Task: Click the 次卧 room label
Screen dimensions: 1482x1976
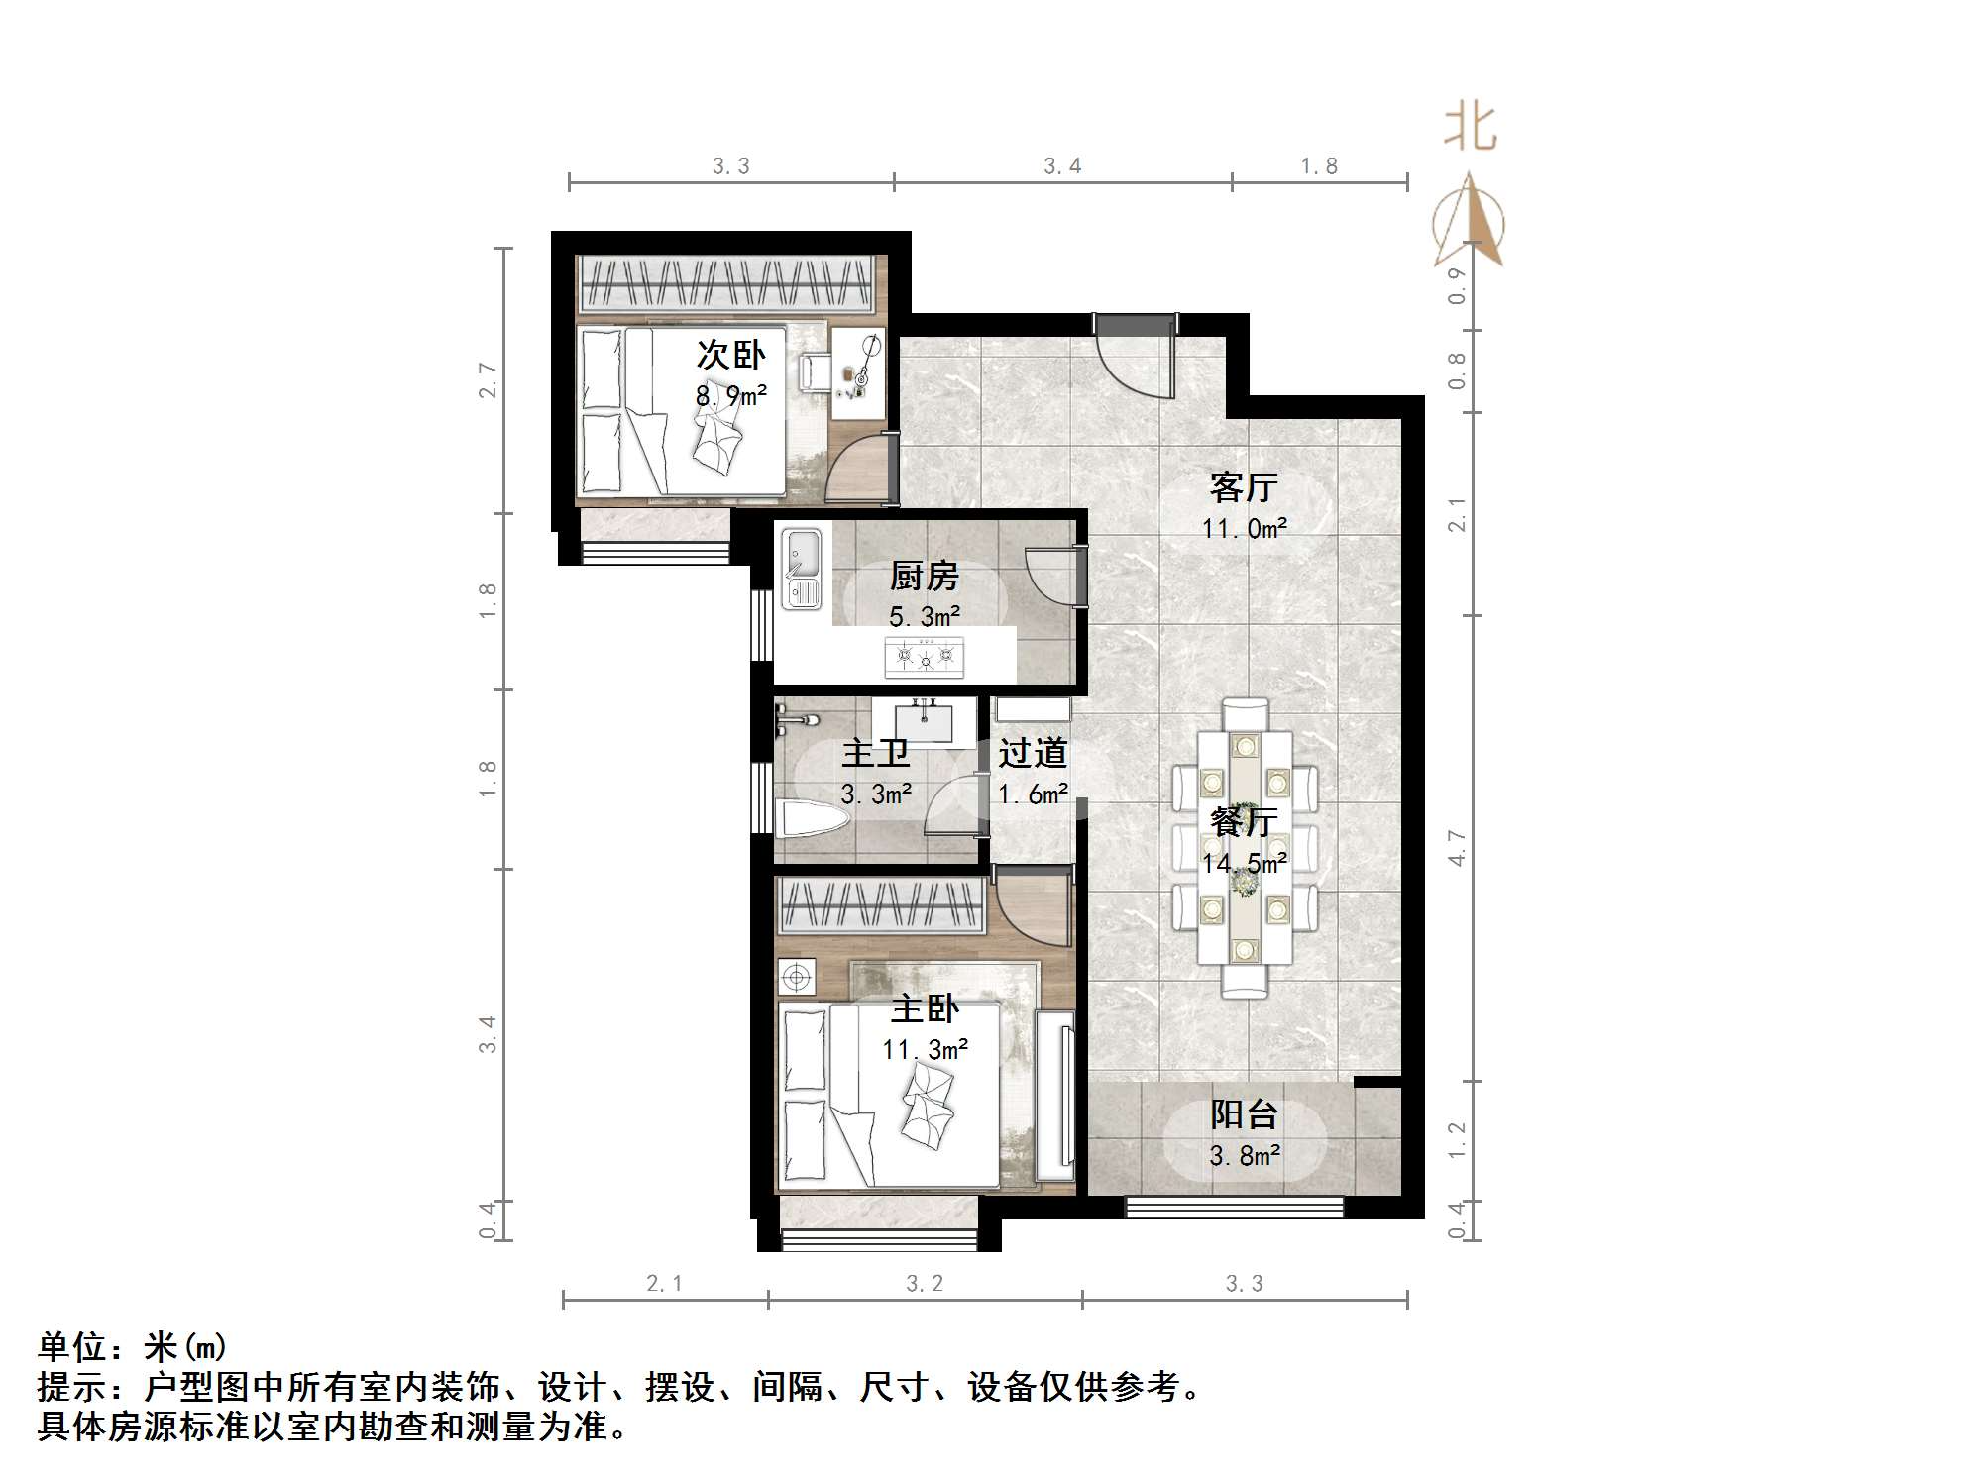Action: [730, 354]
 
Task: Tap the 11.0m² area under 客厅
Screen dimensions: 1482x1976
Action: [1244, 529]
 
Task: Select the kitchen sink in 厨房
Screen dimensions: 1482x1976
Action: [802, 569]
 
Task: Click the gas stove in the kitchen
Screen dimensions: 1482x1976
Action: [925, 656]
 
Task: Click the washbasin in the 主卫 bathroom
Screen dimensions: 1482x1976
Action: [925, 721]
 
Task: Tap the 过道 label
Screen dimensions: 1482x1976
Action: [1032, 753]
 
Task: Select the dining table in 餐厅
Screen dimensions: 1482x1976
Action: [1245, 847]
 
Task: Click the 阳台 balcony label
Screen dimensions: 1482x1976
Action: [1244, 1114]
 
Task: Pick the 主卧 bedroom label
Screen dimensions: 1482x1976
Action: [925, 1008]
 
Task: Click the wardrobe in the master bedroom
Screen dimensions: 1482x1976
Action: [880, 905]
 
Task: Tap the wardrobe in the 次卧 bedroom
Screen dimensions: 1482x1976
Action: [725, 282]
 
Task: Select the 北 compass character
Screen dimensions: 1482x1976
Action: [1469, 130]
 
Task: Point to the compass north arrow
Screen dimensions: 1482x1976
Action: [1470, 222]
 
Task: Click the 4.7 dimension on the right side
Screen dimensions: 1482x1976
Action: [1456, 848]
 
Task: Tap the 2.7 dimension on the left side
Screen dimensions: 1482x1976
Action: [488, 379]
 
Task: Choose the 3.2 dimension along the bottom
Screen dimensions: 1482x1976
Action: [924, 1284]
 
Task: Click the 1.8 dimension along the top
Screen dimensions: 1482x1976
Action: [1319, 166]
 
